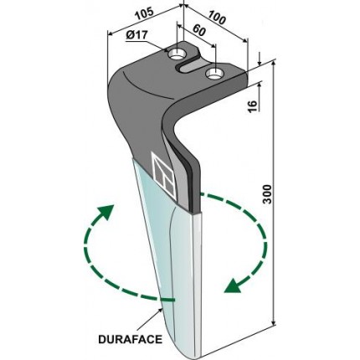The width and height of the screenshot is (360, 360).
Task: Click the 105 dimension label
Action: [144, 14]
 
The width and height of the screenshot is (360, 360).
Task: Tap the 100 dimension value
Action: [217, 16]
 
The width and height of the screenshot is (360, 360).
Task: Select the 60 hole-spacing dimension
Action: [199, 29]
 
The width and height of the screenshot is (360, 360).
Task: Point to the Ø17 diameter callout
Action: [136, 36]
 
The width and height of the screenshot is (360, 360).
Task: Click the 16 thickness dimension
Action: [252, 105]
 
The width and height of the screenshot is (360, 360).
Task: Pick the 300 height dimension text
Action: [267, 194]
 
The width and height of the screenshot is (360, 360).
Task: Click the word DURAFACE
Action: [130, 339]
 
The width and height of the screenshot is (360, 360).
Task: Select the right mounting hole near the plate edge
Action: [214, 74]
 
